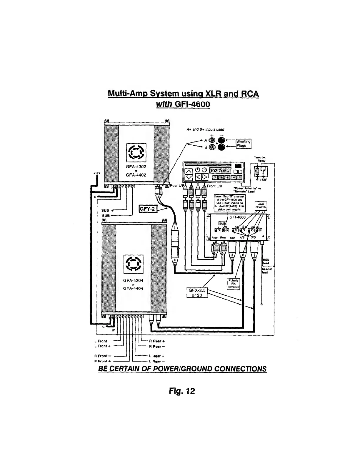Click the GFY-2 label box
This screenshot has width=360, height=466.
click(148, 209)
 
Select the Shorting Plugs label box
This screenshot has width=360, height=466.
click(243, 143)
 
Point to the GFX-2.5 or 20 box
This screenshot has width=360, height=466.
click(197, 293)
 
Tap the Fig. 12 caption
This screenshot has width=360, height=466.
click(182, 391)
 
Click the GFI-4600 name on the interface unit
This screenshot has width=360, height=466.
click(238, 217)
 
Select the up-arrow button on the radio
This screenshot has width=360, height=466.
click(188, 171)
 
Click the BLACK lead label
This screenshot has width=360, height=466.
click(266, 270)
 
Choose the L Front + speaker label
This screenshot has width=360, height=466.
click(101, 346)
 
